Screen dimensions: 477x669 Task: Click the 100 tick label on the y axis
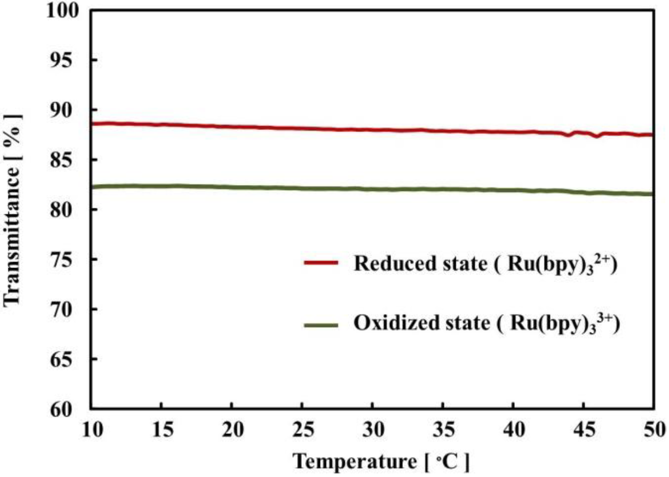(x=65, y=11)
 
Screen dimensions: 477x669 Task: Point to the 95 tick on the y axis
(x=71, y=60)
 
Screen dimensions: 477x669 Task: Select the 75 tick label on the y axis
(x=71, y=259)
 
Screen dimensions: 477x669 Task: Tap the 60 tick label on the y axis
(x=71, y=409)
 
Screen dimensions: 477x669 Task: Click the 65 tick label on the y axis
(x=71, y=359)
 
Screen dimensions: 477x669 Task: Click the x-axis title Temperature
(x=353, y=461)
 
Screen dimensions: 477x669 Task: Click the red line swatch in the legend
(x=321, y=263)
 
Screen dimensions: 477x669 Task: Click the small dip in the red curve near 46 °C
(x=596, y=136)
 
